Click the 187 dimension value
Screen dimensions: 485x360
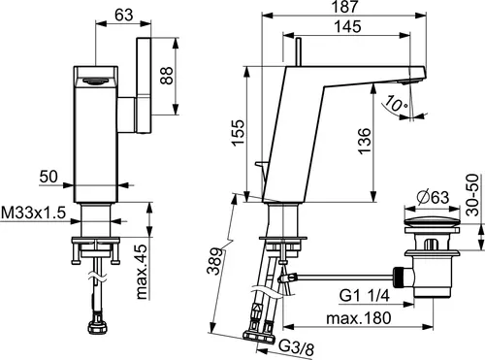(x=345, y=7)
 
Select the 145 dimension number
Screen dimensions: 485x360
(x=347, y=26)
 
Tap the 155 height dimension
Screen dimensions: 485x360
(x=238, y=133)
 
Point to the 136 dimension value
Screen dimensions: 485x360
(x=365, y=142)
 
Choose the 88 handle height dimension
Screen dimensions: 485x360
(x=167, y=76)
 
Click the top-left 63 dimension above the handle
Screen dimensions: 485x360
(x=124, y=15)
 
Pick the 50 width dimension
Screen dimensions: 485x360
(x=48, y=177)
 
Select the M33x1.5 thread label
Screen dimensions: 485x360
(x=34, y=213)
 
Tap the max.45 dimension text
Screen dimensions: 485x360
(x=142, y=272)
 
